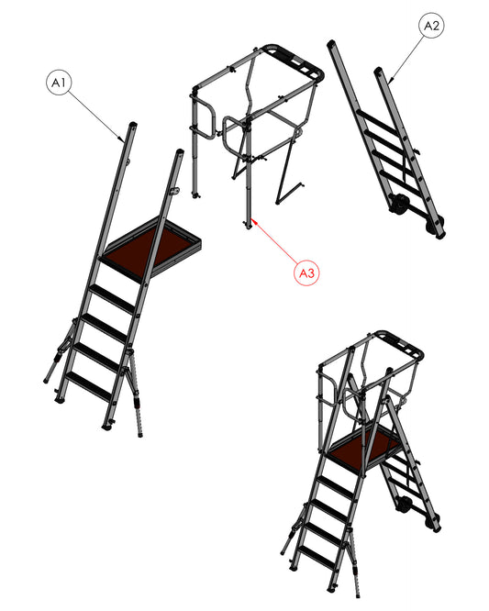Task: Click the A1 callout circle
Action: [x=59, y=83]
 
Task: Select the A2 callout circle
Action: [x=431, y=26]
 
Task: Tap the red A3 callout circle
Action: [x=306, y=272]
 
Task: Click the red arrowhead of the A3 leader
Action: [x=254, y=220]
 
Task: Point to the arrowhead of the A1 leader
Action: [x=121, y=138]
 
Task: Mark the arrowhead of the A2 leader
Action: [x=391, y=80]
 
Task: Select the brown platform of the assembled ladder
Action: [x=365, y=445]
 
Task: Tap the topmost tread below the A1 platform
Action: [x=114, y=298]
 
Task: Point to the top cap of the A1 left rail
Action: [x=133, y=124]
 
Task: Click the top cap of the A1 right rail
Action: [x=179, y=150]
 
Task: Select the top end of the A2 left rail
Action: [x=331, y=42]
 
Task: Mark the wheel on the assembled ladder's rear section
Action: [x=404, y=505]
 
